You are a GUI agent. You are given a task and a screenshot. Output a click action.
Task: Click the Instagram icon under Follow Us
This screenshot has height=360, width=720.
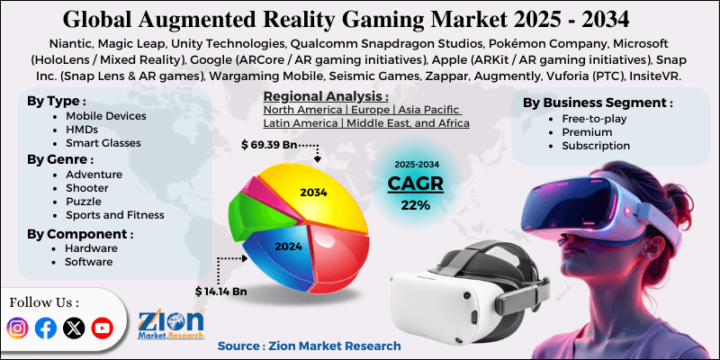(18, 328)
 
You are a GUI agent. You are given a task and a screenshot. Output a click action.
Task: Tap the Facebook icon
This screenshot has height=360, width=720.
(46, 328)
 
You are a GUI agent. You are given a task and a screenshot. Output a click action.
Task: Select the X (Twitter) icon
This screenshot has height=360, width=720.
(74, 328)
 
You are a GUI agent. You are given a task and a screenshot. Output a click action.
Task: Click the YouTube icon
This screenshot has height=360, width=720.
(103, 328)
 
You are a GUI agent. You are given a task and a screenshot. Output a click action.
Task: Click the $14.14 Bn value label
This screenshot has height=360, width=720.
(221, 292)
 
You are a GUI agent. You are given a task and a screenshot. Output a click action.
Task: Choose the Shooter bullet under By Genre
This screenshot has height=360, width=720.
(87, 187)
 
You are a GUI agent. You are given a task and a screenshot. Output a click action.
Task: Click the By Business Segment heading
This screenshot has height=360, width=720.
(597, 103)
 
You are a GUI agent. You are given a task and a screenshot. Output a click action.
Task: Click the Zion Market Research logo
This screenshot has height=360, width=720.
(171, 324)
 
